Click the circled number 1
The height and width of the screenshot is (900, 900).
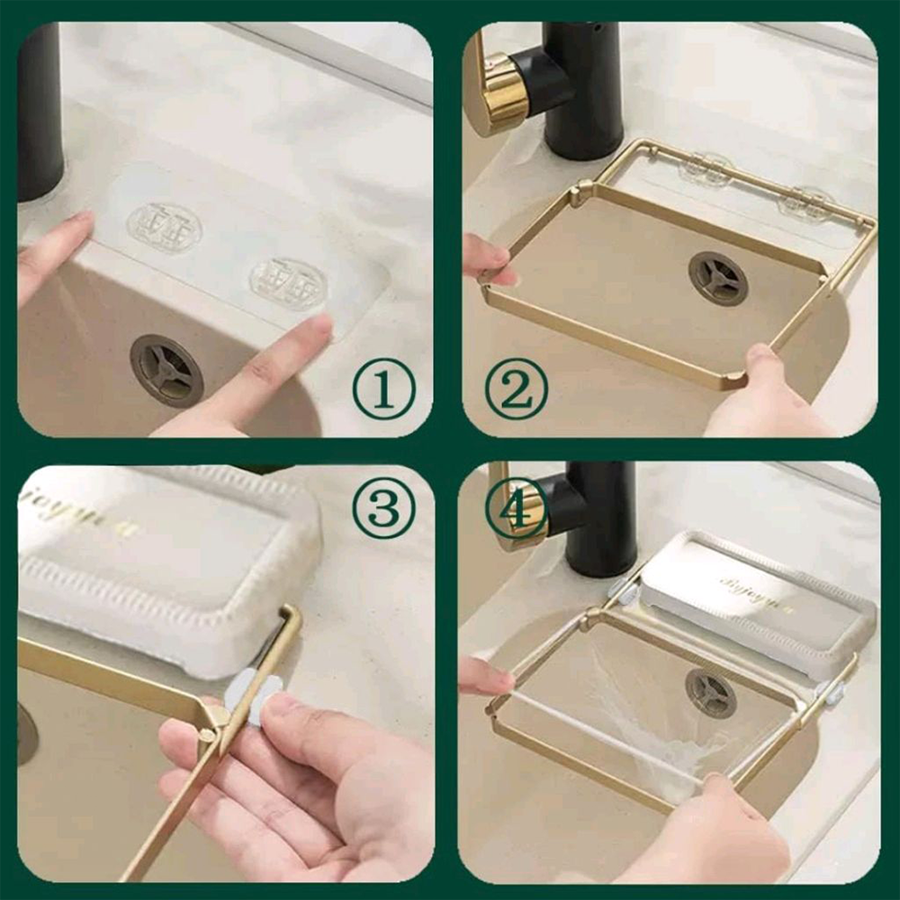click(x=383, y=389)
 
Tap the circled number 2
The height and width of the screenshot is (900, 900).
click(x=516, y=389)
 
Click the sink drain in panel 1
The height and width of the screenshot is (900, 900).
click(x=166, y=370)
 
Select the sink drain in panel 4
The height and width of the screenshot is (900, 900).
click(x=711, y=693)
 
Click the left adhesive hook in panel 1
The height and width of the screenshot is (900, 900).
click(x=163, y=228)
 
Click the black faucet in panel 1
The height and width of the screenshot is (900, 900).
click(x=40, y=108)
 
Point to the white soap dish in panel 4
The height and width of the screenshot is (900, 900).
click(x=756, y=603)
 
